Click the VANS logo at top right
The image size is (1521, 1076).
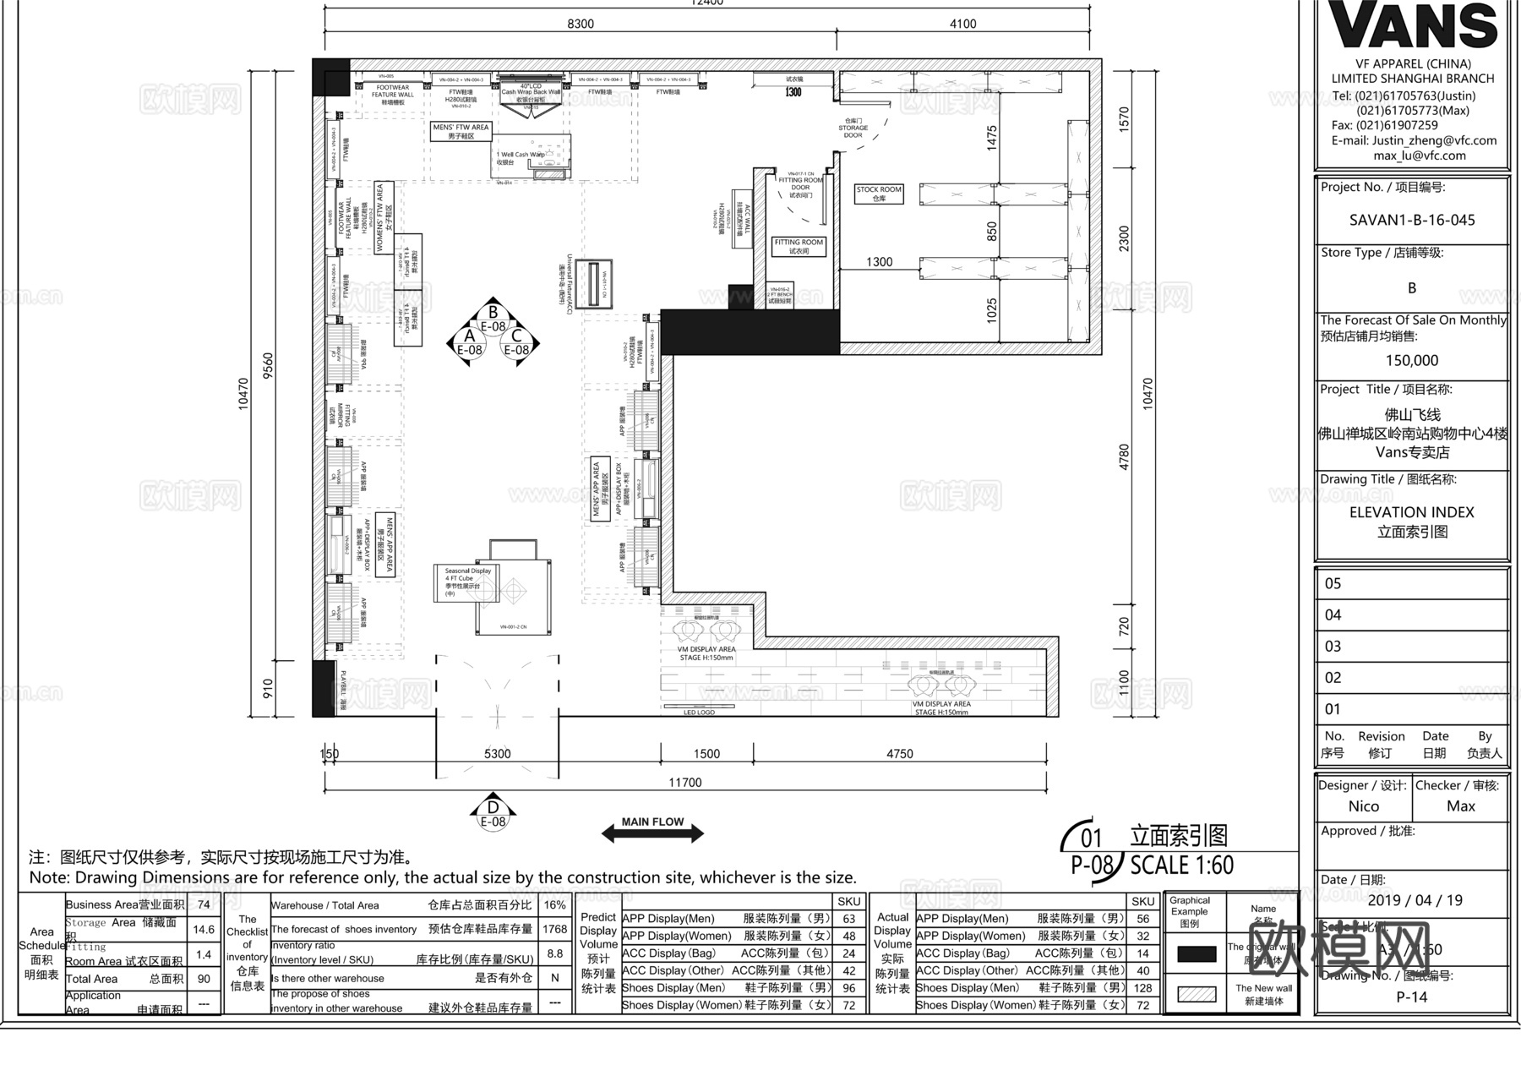(x=1413, y=25)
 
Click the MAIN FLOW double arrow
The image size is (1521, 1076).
(x=652, y=833)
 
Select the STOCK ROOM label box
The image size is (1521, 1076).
(x=879, y=194)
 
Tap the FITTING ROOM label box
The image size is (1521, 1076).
(x=799, y=246)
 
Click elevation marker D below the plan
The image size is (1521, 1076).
(x=493, y=811)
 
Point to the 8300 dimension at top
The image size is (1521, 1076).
(x=581, y=24)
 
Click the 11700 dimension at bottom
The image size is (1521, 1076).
(x=684, y=783)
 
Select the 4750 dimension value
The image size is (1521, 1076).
(x=899, y=754)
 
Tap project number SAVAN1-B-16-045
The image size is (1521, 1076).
(x=1412, y=220)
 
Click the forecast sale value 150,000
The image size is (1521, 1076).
(x=1411, y=360)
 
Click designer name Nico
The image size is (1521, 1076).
(x=1363, y=806)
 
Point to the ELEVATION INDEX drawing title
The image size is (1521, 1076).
(x=1411, y=512)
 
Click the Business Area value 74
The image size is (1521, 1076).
(x=204, y=904)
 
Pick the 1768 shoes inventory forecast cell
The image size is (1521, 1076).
(x=554, y=929)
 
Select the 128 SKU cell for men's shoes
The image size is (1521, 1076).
(x=1142, y=987)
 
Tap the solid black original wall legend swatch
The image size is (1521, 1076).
(x=1196, y=954)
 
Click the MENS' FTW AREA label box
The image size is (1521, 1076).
(x=461, y=131)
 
